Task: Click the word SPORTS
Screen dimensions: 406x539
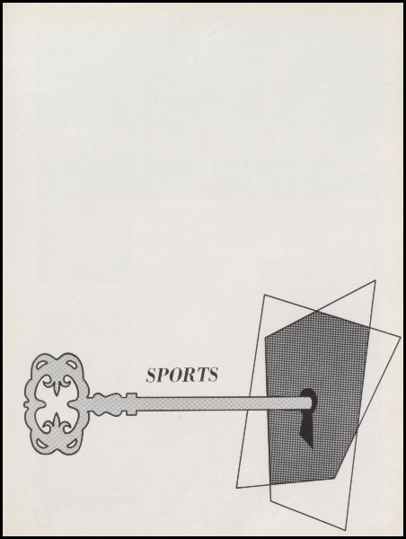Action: pyautogui.click(x=182, y=375)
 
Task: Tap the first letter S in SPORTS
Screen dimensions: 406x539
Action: pyautogui.click(x=152, y=375)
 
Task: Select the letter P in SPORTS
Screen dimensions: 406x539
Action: pyautogui.click(x=163, y=375)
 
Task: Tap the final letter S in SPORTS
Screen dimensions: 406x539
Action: pyautogui.click(x=213, y=375)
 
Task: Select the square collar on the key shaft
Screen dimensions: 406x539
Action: pyautogui.click(x=131, y=403)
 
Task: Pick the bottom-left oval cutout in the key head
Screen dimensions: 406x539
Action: pyautogui.click(x=41, y=443)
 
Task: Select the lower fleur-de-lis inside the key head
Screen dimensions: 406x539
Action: pyautogui.click(x=57, y=421)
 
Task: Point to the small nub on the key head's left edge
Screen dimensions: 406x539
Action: pyautogui.click(x=25, y=404)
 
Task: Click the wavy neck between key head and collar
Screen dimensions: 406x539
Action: pyautogui.click(x=107, y=403)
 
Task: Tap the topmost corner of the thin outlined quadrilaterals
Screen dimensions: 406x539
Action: pyautogui.click(x=375, y=280)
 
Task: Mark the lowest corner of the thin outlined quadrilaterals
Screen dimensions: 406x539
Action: pyautogui.click(x=345, y=530)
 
